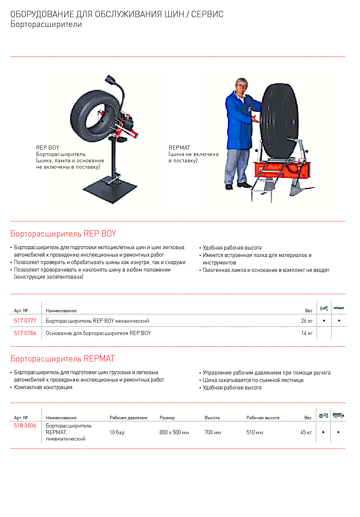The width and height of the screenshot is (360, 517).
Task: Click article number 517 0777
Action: click(x=25, y=321)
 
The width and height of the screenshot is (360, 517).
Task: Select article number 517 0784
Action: click(x=25, y=333)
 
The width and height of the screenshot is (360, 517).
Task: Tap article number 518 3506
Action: click(x=25, y=426)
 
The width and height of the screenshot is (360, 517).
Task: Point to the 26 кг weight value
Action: click(x=307, y=321)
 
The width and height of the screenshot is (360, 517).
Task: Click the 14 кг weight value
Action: click(x=307, y=333)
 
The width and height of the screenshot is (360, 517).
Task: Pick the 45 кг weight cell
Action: click(x=306, y=432)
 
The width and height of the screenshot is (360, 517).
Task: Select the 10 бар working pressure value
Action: click(x=117, y=432)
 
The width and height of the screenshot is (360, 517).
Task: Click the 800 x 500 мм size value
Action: click(x=174, y=432)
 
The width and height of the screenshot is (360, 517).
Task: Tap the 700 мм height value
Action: click(x=213, y=432)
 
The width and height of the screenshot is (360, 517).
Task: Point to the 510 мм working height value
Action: click(x=255, y=432)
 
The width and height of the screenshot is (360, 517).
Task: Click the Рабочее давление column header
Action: click(x=128, y=418)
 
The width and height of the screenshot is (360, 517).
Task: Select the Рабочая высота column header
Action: click(x=263, y=418)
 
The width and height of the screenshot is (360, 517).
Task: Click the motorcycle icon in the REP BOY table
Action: click(x=324, y=308)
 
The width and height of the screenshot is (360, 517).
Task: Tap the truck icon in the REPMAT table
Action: click(x=338, y=415)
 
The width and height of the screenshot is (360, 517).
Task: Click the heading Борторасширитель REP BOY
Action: click(x=63, y=234)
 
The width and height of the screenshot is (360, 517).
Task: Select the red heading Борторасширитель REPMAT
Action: click(x=63, y=359)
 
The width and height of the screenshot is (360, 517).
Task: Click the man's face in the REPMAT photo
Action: click(x=242, y=87)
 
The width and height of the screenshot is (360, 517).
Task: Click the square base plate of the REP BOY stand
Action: click(x=110, y=190)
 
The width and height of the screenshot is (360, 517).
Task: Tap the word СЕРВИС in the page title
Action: click(x=207, y=14)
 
